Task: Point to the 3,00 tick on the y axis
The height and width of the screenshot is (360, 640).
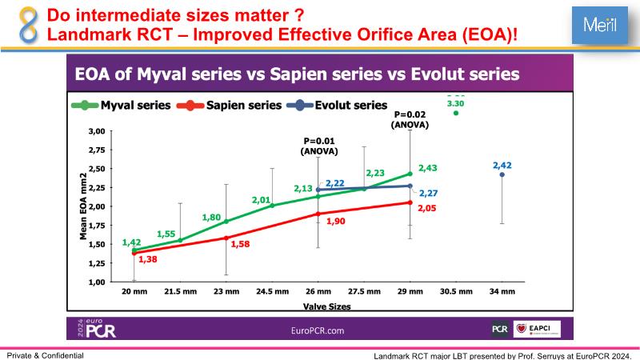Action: pos(96,130)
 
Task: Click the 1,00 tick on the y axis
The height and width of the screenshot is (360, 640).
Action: pos(96,282)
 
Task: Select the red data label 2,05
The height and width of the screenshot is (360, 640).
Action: pos(428,207)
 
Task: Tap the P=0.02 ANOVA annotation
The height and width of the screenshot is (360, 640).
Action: pos(410,119)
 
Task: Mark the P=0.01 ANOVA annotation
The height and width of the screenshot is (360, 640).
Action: pos(318,146)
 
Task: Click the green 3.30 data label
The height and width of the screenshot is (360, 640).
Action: pos(455,103)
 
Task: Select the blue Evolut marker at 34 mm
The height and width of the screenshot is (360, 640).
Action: pos(502,174)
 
